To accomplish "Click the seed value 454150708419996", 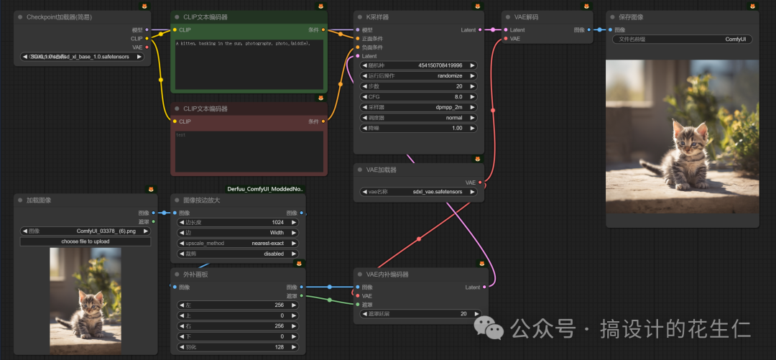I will pos(440,65).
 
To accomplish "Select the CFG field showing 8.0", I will pos(419,96).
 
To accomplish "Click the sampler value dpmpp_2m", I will pos(419,106).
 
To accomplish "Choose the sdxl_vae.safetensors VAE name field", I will pos(417,192).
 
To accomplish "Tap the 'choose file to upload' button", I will pos(85,241).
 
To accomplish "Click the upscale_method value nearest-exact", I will pos(236,243).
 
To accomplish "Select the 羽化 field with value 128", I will pos(236,346).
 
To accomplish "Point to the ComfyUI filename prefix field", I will pos(683,40).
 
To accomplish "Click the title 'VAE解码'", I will pos(527,17).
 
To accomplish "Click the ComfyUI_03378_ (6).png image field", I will pos(85,231).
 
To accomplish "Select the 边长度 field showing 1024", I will pos(236,223).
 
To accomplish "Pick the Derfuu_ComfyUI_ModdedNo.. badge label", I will pos(265,189).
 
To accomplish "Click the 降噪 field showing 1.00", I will pos(419,127).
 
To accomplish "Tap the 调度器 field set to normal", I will pos(419,117).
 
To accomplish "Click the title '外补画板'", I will pos(196,274).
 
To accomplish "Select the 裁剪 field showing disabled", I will pos(236,253).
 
